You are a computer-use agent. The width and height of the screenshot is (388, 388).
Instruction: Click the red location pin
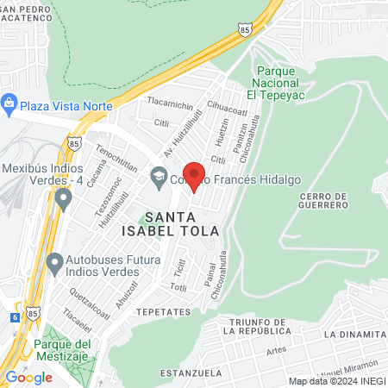[194, 176]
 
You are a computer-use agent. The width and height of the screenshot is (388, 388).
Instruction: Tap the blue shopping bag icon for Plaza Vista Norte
[9, 104]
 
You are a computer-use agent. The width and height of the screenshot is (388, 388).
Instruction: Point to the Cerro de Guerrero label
[324, 201]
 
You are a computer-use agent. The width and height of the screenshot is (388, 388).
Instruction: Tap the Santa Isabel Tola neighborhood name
[182, 223]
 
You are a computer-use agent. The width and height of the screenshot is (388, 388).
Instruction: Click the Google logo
[28, 377]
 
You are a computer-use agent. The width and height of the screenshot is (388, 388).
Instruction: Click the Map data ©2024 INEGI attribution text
[336, 380]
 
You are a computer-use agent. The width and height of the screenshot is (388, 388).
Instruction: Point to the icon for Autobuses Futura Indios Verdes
[54, 261]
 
